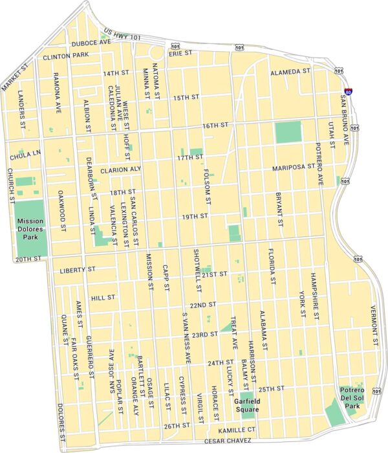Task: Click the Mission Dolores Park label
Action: tap(31, 228)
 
